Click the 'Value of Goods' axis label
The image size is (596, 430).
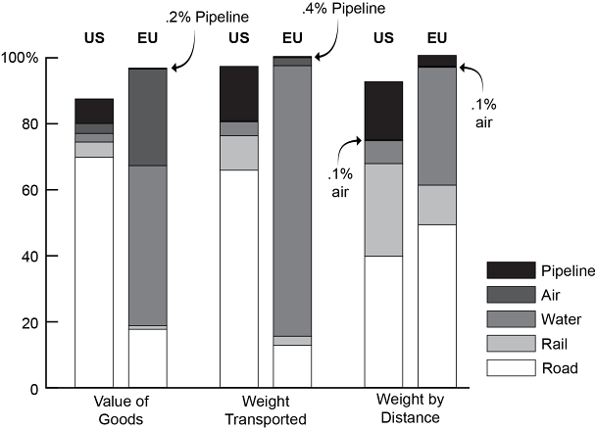click(121, 409)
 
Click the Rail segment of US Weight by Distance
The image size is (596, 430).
click(383, 210)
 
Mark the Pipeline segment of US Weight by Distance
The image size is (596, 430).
click(383, 111)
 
